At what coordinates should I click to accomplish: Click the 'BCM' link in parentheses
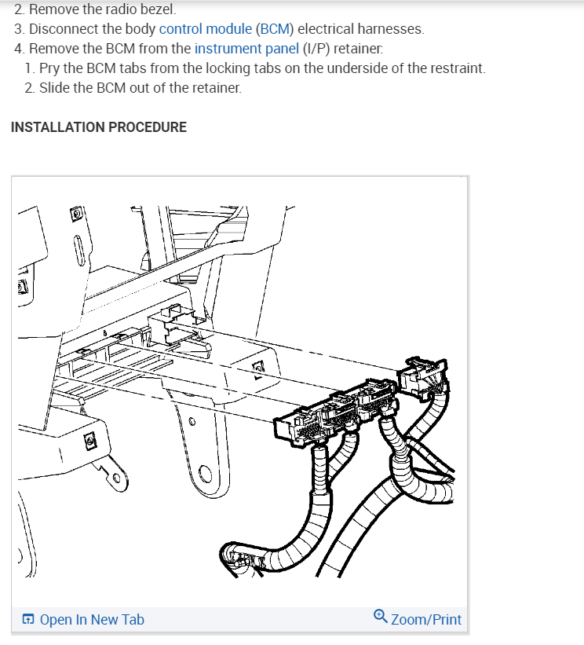click(275, 29)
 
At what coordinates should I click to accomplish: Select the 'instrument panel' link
click(246, 49)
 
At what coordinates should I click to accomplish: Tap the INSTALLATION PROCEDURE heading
click(99, 126)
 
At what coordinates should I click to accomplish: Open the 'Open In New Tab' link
click(91, 620)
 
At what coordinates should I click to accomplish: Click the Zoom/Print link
click(426, 619)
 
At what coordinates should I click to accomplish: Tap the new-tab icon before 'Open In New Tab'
click(28, 620)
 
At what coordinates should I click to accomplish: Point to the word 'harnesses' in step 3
click(392, 29)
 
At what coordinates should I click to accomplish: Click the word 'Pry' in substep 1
click(50, 68)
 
